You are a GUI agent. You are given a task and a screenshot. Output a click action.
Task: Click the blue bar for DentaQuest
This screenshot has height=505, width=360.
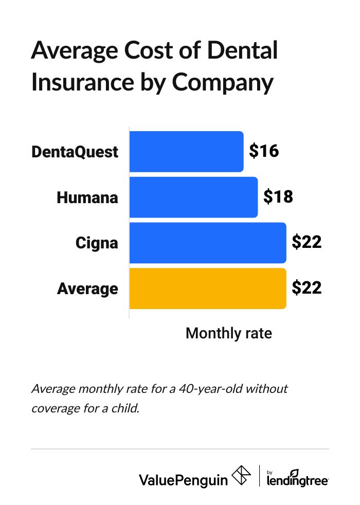186,152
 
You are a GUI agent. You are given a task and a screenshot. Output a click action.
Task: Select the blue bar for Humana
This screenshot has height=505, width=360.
193,197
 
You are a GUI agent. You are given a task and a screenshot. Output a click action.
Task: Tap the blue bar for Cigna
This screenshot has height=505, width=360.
207,243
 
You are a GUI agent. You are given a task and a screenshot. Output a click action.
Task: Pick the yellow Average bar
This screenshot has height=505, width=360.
207,288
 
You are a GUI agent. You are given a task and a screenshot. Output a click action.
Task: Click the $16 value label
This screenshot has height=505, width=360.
263,151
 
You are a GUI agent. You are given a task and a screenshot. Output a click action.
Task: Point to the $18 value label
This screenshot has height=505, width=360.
278,196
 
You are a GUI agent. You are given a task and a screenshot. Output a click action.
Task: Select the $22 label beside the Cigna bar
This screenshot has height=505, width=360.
307,242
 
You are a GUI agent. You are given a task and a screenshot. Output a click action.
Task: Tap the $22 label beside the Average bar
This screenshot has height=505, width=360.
307,288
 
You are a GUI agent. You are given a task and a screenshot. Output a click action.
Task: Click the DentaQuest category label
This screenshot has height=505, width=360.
75,152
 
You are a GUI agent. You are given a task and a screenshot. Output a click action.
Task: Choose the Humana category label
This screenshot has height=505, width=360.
87,197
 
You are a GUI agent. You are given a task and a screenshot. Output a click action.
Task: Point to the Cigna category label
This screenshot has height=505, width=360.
97,243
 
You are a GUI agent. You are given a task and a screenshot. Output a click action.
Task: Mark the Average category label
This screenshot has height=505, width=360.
87,288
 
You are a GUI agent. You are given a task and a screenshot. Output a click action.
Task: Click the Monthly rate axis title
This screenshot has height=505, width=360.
228,333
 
